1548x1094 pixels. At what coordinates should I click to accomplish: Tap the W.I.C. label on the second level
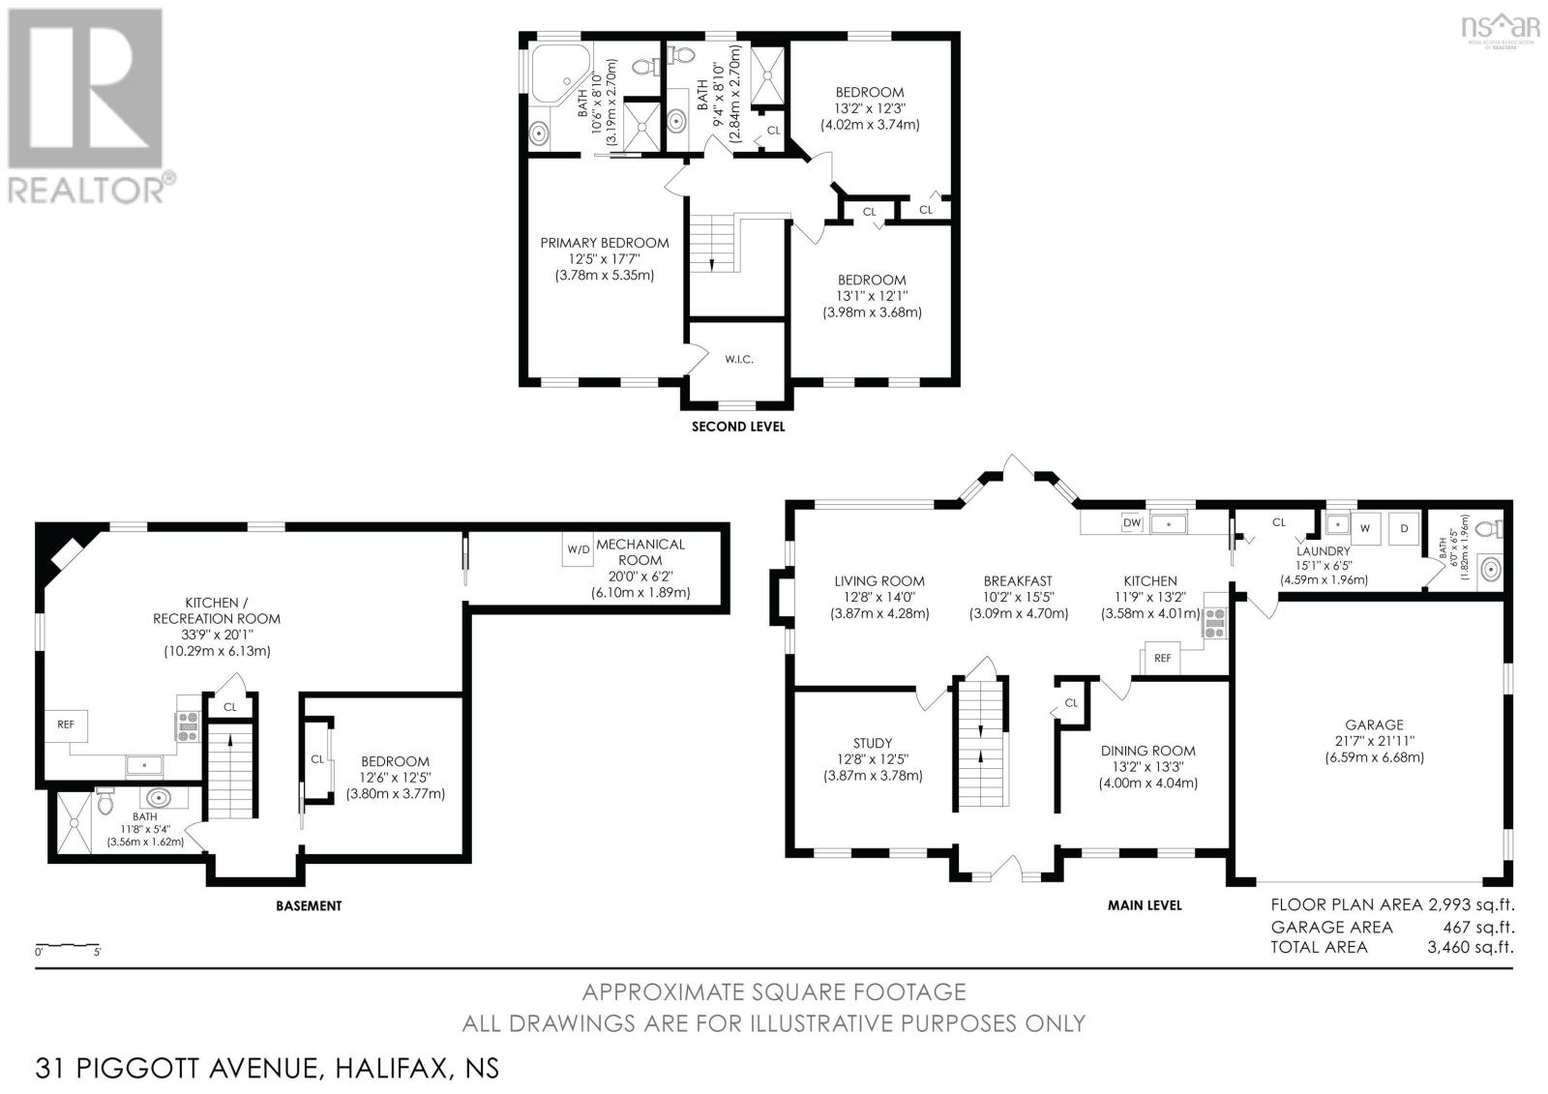click(x=739, y=360)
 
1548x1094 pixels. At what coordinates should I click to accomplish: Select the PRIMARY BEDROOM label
click(x=604, y=243)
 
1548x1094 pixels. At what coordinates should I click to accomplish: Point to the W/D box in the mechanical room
click(x=579, y=549)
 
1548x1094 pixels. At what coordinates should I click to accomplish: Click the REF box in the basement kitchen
click(x=66, y=724)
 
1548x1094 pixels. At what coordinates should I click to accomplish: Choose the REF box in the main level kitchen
click(x=1162, y=658)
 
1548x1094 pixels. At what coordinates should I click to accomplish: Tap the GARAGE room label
click(x=1374, y=724)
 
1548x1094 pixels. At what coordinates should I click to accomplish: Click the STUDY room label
click(x=872, y=744)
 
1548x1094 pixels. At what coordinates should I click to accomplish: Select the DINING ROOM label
click(x=1147, y=751)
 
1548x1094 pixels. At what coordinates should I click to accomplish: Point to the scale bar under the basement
click(x=68, y=944)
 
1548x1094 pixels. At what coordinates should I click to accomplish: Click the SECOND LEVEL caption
click(x=738, y=428)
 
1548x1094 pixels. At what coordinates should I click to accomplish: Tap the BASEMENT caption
click(x=309, y=906)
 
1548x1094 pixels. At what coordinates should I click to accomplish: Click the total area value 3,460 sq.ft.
click(x=1471, y=948)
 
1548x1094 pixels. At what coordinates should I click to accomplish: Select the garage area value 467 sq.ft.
click(x=1478, y=927)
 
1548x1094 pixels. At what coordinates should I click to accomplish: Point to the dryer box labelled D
click(x=1404, y=529)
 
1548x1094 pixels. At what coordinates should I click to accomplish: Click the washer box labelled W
click(x=1365, y=529)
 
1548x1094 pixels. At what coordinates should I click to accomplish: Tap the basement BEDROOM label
click(x=396, y=761)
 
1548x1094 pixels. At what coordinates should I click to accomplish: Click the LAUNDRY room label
click(x=1323, y=550)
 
